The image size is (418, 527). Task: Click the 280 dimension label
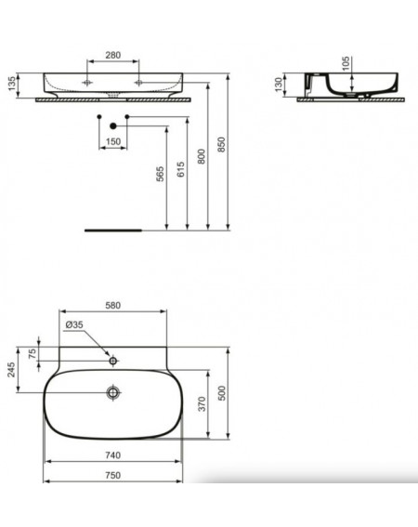click(x=113, y=55)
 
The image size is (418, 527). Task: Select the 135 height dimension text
click(x=12, y=84)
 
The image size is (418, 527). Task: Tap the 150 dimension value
click(x=113, y=141)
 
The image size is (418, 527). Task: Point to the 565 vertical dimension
click(x=161, y=174)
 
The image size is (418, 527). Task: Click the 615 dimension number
click(x=181, y=169)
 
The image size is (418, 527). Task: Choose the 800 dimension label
click(x=202, y=156)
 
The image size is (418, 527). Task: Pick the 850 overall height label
click(x=221, y=144)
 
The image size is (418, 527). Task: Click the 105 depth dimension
click(x=346, y=63)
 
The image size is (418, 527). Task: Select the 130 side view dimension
click(x=279, y=85)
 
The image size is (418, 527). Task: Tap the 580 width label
click(x=113, y=306)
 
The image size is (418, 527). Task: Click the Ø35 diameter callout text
click(x=74, y=324)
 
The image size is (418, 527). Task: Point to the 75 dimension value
click(x=33, y=353)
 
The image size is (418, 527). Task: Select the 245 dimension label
click(x=11, y=369)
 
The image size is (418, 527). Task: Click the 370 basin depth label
click(x=202, y=404)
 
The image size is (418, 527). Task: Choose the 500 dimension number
click(x=222, y=393)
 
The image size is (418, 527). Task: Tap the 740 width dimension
click(x=113, y=455)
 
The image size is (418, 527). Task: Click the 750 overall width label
click(x=113, y=475)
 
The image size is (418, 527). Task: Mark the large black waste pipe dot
click(x=113, y=126)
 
